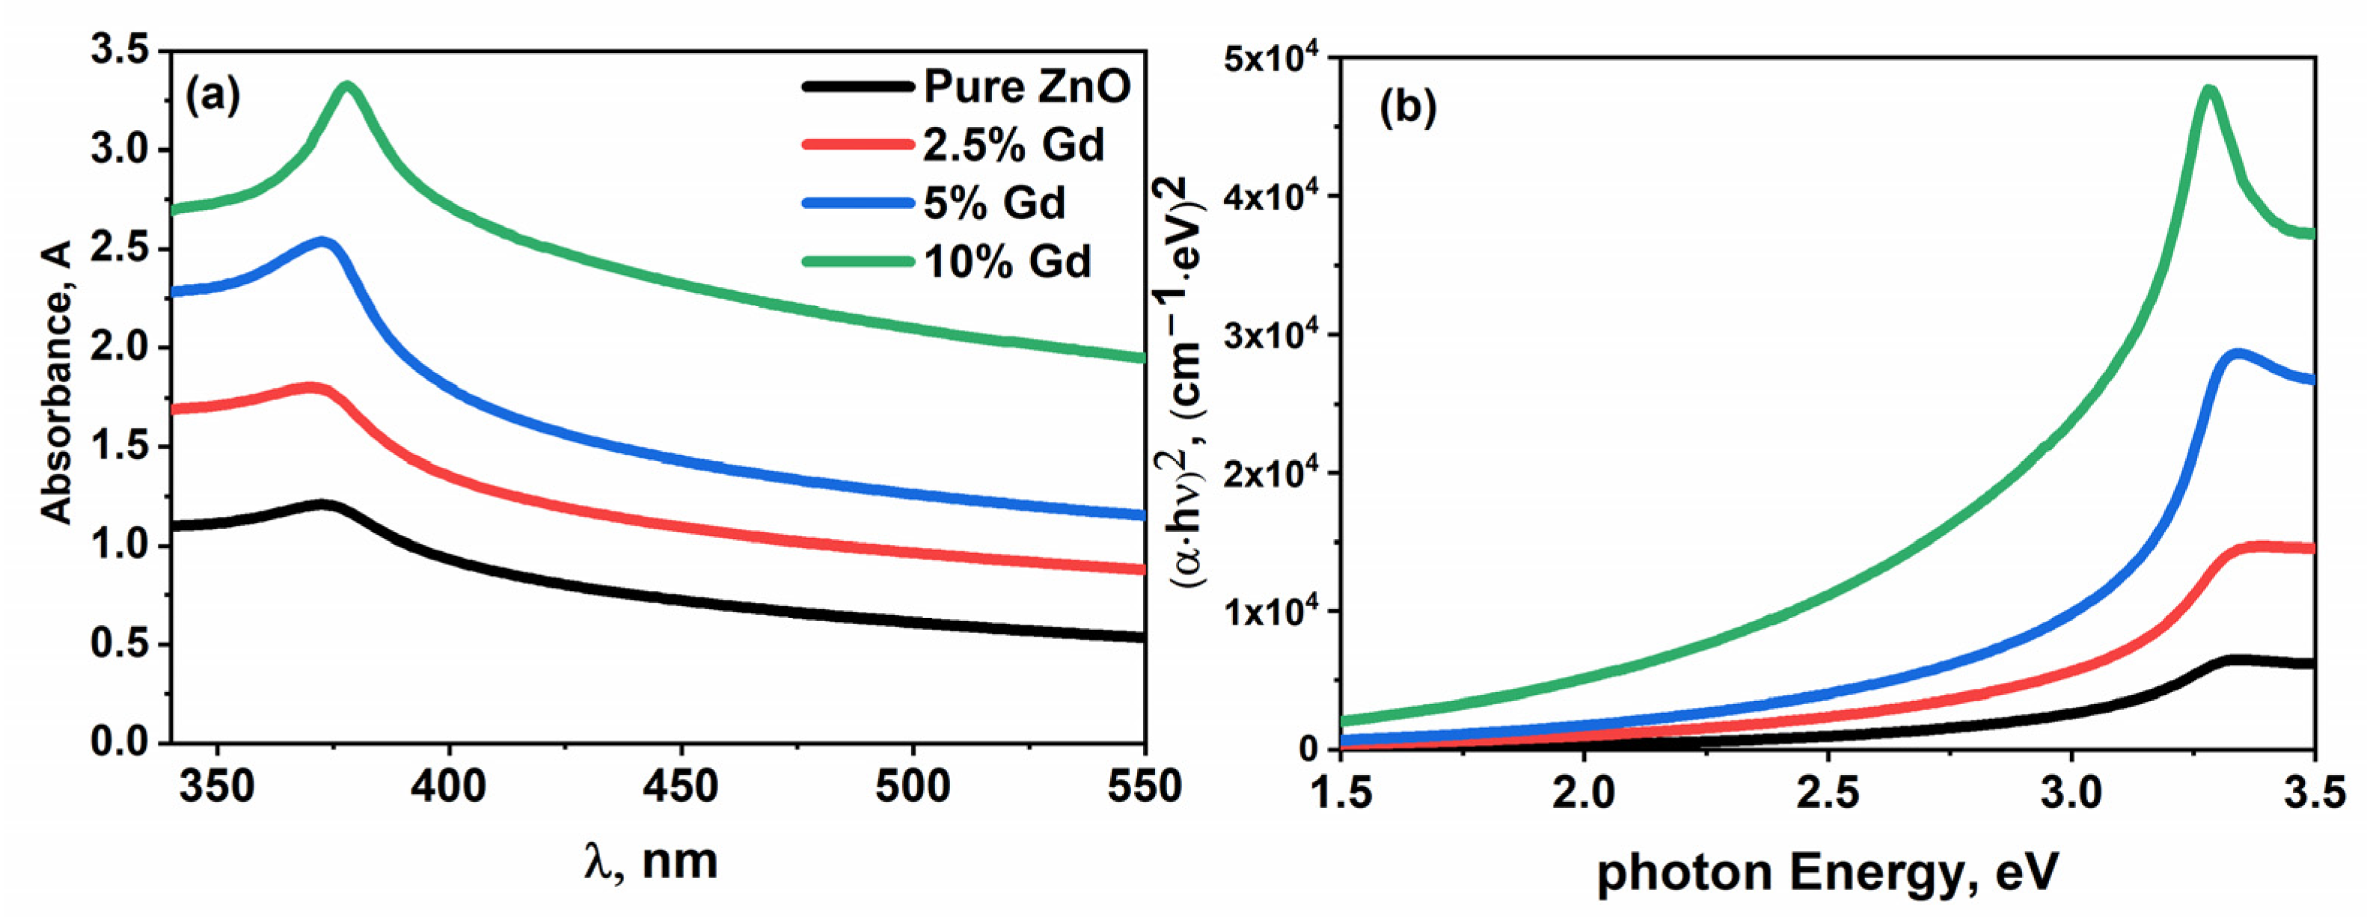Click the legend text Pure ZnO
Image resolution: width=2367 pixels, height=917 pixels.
tap(1026, 88)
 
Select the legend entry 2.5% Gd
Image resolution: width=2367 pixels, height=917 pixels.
tap(1013, 145)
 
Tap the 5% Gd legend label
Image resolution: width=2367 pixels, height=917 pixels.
tap(994, 203)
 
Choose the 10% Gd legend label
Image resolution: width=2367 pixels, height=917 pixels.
tap(1007, 262)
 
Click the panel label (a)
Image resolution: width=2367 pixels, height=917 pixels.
tap(212, 95)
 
